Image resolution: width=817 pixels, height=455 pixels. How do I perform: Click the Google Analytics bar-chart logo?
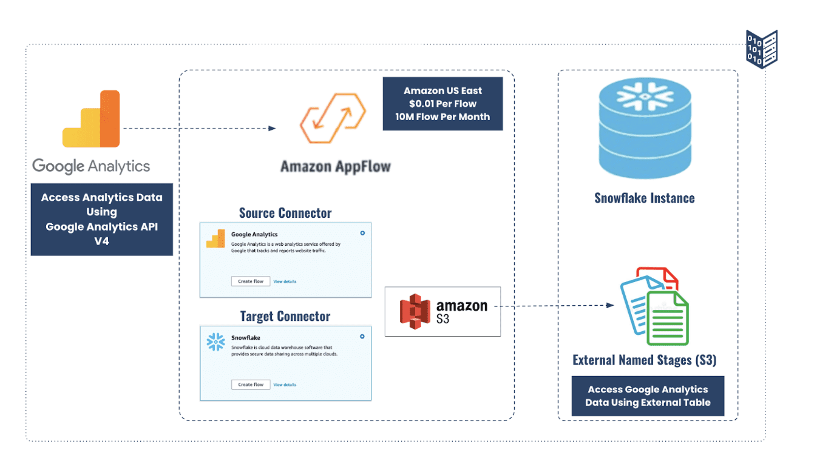91,120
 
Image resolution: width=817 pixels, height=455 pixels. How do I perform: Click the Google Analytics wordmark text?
91,166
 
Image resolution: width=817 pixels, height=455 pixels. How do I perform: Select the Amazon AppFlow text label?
335,166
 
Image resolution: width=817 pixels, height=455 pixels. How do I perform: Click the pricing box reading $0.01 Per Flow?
442,104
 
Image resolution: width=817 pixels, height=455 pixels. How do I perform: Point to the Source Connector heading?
285,213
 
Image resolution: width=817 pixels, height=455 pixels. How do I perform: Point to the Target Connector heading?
285,316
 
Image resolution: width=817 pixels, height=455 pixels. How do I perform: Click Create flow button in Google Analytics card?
250,281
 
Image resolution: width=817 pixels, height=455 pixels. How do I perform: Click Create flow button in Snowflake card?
250,385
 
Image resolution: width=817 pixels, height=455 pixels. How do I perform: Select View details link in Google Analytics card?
285,281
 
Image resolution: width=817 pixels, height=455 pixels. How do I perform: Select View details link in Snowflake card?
285,385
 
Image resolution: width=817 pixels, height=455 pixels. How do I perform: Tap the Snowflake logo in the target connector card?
215,342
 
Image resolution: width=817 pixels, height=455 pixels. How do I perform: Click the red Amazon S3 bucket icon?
415,311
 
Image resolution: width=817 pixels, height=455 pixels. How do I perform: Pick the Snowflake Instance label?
644,198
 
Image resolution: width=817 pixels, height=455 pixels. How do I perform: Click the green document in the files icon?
666,317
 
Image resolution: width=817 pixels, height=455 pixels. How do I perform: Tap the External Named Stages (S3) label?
644,360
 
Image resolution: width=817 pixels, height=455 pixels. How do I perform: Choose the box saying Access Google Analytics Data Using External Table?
648,396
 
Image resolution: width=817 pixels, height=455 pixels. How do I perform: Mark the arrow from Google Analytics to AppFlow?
199,128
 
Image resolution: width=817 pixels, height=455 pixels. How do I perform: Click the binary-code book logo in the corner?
761,49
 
